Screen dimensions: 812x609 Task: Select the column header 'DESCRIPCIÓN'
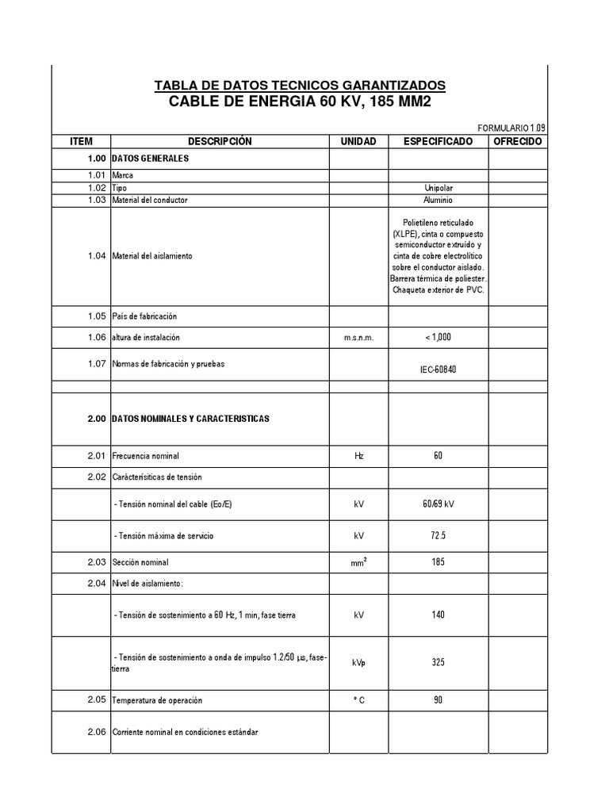click(220, 141)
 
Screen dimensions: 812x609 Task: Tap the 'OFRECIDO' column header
click(517, 141)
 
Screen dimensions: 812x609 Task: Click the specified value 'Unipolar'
click(438, 189)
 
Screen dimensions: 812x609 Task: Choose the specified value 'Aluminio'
click(438, 201)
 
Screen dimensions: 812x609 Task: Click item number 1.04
click(97, 256)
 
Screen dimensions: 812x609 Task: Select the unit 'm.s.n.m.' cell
click(358, 338)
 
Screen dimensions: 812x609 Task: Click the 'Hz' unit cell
click(358, 456)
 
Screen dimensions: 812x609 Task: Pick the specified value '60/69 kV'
click(439, 504)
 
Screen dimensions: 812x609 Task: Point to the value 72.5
click(438, 536)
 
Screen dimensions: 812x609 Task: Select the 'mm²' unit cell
click(358, 563)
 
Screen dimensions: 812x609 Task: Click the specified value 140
click(438, 615)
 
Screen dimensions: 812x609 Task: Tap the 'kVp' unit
click(359, 663)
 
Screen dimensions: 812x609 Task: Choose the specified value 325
click(438, 663)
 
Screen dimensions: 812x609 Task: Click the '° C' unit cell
click(358, 701)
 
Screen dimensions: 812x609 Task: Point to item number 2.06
click(97, 732)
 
